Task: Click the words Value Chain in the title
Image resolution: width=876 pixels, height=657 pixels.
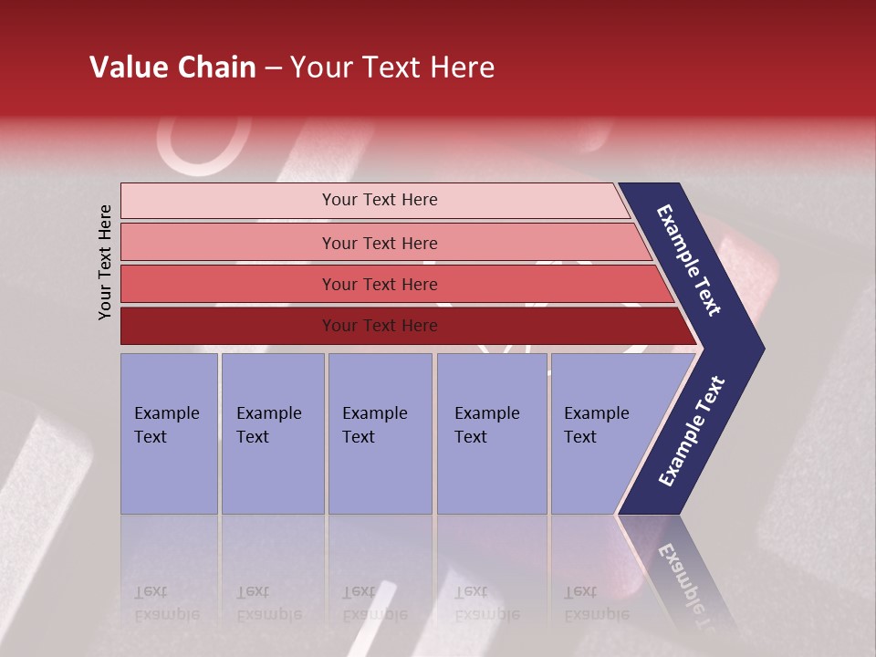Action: pyautogui.click(x=172, y=68)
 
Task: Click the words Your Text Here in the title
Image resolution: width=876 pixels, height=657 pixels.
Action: pyautogui.click(x=392, y=68)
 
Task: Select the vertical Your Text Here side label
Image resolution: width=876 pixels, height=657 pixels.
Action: pyautogui.click(x=105, y=262)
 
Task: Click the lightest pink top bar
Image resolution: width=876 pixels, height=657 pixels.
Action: pyautogui.click(x=228, y=201)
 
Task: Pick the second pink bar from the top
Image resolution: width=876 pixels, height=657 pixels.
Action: pyautogui.click(x=228, y=243)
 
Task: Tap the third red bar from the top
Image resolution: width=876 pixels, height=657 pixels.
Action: pyautogui.click(x=228, y=285)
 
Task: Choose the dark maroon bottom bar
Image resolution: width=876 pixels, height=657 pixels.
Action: pyautogui.click(x=228, y=326)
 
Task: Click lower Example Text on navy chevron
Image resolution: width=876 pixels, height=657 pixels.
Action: pyautogui.click(x=692, y=432)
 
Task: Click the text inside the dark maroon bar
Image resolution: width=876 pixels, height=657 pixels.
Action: pyautogui.click(x=380, y=326)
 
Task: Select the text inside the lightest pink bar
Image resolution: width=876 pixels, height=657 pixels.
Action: pyautogui.click(x=380, y=200)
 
